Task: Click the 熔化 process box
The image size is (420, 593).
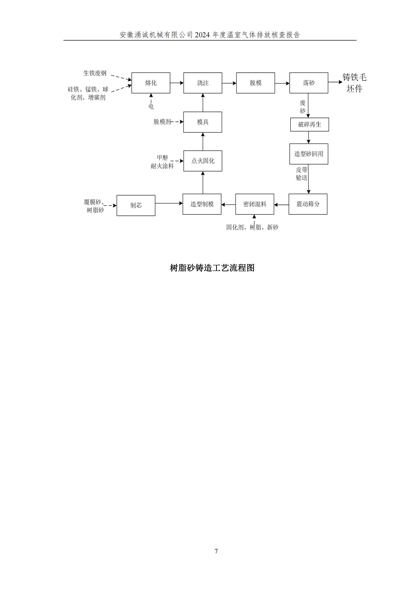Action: click(x=151, y=83)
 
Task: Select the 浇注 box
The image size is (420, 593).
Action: click(x=203, y=83)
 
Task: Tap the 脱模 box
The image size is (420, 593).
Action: click(x=255, y=83)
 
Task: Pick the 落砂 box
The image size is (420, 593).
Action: click(x=309, y=83)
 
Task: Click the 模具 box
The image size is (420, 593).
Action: click(x=203, y=122)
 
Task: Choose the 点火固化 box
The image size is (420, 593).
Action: click(x=203, y=161)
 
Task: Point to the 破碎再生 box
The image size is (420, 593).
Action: click(x=310, y=124)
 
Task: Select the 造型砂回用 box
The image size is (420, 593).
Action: click(x=309, y=154)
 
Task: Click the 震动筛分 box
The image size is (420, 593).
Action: click(x=308, y=204)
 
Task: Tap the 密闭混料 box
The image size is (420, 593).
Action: click(x=255, y=204)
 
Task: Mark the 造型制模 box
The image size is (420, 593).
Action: click(x=202, y=204)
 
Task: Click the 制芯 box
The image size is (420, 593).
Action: click(x=136, y=205)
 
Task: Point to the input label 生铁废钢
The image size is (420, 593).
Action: click(x=95, y=73)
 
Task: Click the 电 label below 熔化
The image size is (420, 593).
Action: click(x=151, y=106)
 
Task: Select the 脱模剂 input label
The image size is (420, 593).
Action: click(x=162, y=122)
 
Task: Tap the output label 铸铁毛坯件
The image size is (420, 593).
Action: click(x=354, y=83)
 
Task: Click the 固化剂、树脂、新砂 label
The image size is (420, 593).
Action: click(x=252, y=227)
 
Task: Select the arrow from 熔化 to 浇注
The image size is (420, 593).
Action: click(x=177, y=83)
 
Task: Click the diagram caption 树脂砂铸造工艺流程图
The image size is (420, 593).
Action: click(x=212, y=268)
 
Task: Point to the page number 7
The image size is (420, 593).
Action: click(x=216, y=551)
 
